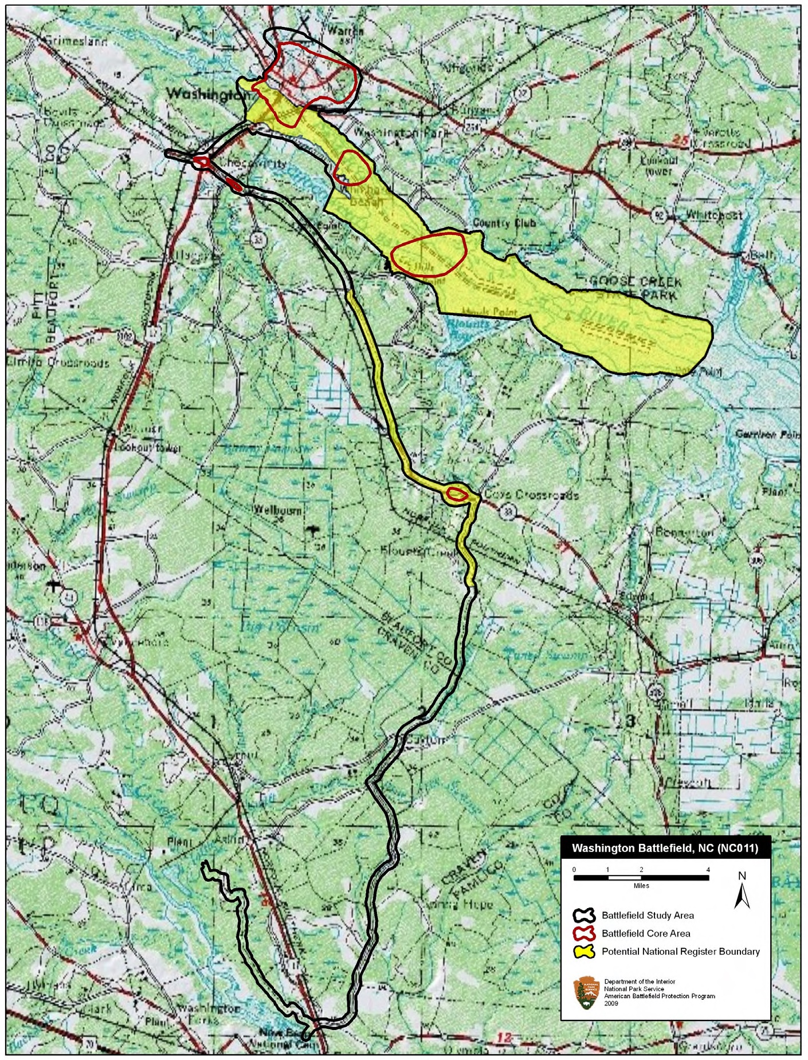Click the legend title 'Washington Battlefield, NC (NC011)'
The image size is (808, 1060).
(665, 849)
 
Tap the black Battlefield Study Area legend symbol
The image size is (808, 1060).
(585, 915)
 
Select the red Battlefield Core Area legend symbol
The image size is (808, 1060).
(585, 933)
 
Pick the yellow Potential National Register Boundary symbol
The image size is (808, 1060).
(585, 951)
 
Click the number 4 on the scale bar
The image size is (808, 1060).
(708, 870)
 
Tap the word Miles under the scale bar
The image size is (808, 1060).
(641, 885)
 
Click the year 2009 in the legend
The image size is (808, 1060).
(611, 1003)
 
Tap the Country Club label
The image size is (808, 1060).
(504, 223)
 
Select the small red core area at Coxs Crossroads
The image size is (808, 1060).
(456, 494)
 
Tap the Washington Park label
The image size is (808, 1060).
(401, 132)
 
